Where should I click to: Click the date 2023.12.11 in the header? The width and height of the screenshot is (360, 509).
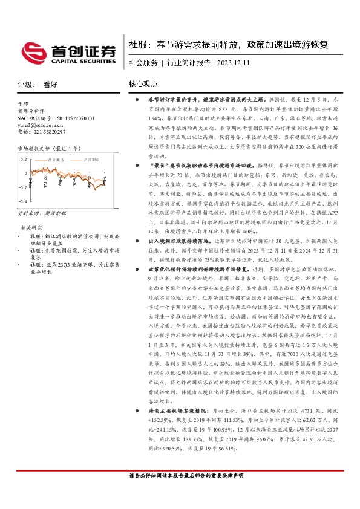[x=235, y=63]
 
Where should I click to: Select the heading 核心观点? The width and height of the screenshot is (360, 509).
[x=143, y=85]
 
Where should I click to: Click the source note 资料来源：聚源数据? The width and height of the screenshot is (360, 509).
[x=42, y=213]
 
